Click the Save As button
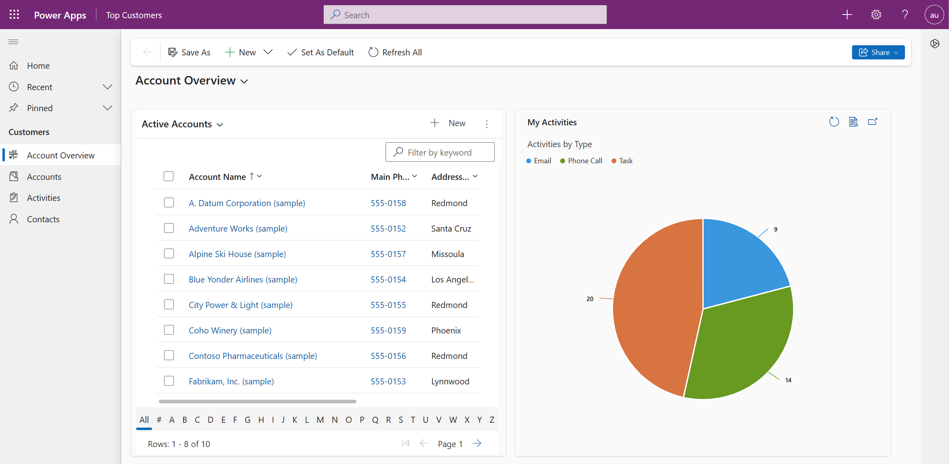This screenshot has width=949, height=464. (x=189, y=52)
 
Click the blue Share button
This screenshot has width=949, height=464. (x=878, y=52)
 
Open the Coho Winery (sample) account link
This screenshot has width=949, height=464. (x=230, y=331)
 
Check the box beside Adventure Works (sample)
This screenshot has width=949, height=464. (x=169, y=228)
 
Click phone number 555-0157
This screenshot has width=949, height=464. (x=388, y=254)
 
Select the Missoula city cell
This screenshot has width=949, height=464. (x=447, y=254)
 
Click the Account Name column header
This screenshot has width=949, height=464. (x=217, y=177)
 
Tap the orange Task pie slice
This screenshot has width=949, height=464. (x=655, y=307)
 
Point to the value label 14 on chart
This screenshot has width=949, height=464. (x=788, y=380)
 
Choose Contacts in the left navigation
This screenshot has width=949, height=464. (x=43, y=219)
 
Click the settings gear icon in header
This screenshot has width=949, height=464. (x=876, y=15)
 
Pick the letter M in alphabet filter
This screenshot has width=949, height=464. (x=320, y=420)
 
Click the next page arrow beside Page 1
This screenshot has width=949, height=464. (x=477, y=443)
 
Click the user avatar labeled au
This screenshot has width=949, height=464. (x=934, y=15)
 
